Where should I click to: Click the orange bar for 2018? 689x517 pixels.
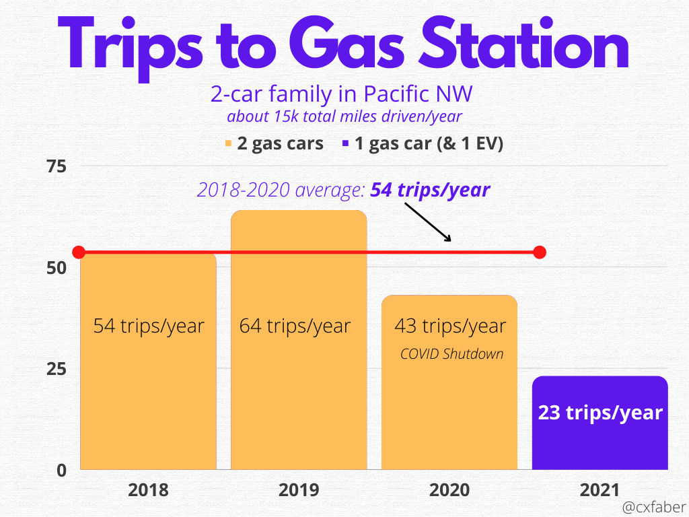coord(148,361)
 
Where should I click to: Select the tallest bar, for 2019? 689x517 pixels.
coord(299,340)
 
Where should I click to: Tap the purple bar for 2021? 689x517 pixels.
coord(600,423)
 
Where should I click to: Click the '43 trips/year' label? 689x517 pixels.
coord(450,326)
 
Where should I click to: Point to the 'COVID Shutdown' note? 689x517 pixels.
coord(451,354)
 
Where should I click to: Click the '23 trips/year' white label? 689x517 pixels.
coord(600,413)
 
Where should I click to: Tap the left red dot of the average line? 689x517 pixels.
coord(79,252)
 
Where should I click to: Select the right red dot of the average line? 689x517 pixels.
coord(540,252)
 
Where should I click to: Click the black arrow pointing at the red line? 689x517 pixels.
coord(428,222)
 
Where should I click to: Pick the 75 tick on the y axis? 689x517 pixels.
coord(57,167)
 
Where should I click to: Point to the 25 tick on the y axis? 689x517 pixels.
coord(57,369)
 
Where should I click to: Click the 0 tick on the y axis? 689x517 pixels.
coord(61,471)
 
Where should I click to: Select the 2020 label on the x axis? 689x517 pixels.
coord(449,490)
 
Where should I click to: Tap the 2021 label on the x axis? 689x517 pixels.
coord(600,490)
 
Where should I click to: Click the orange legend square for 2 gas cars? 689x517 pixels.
coord(228,143)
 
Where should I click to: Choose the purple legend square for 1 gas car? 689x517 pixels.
coord(345,143)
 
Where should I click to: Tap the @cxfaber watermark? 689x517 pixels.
coord(654,507)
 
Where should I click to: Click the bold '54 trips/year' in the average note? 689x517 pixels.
coord(430,190)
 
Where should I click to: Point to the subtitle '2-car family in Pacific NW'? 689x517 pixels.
coord(341,94)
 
